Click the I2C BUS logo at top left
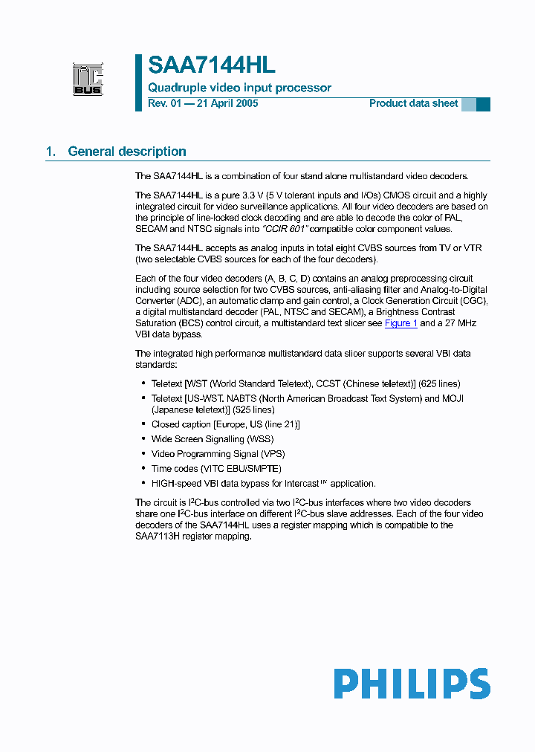coord(88,80)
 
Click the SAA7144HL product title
coord(211,65)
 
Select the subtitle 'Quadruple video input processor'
coord(239,88)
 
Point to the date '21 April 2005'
coord(227,103)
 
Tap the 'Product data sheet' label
coord(413,103)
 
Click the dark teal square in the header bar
coord(483,104)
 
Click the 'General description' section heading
coord(127,152)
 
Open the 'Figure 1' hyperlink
coord(401,323)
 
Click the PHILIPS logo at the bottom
coord(411,684)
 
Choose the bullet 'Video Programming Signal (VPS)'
coord(218,454)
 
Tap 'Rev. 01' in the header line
coord(164,103)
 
